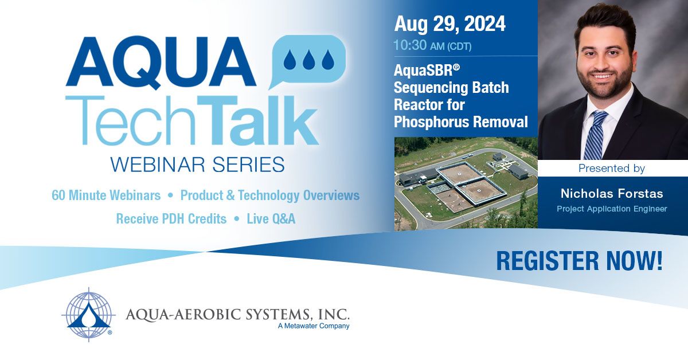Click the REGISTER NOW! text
(579, 260)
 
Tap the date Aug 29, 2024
(449, 24)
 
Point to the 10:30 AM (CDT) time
(432, 46)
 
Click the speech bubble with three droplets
(307, 60)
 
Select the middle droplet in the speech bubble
(308, 58)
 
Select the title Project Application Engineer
(612, 209)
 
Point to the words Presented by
(611, 169)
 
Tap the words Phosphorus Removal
(460, 122)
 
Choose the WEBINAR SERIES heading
(197, 165)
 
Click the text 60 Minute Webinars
(106, 195)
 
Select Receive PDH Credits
(171, 219)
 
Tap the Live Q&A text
(271, 219)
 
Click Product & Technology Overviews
(269, 195)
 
